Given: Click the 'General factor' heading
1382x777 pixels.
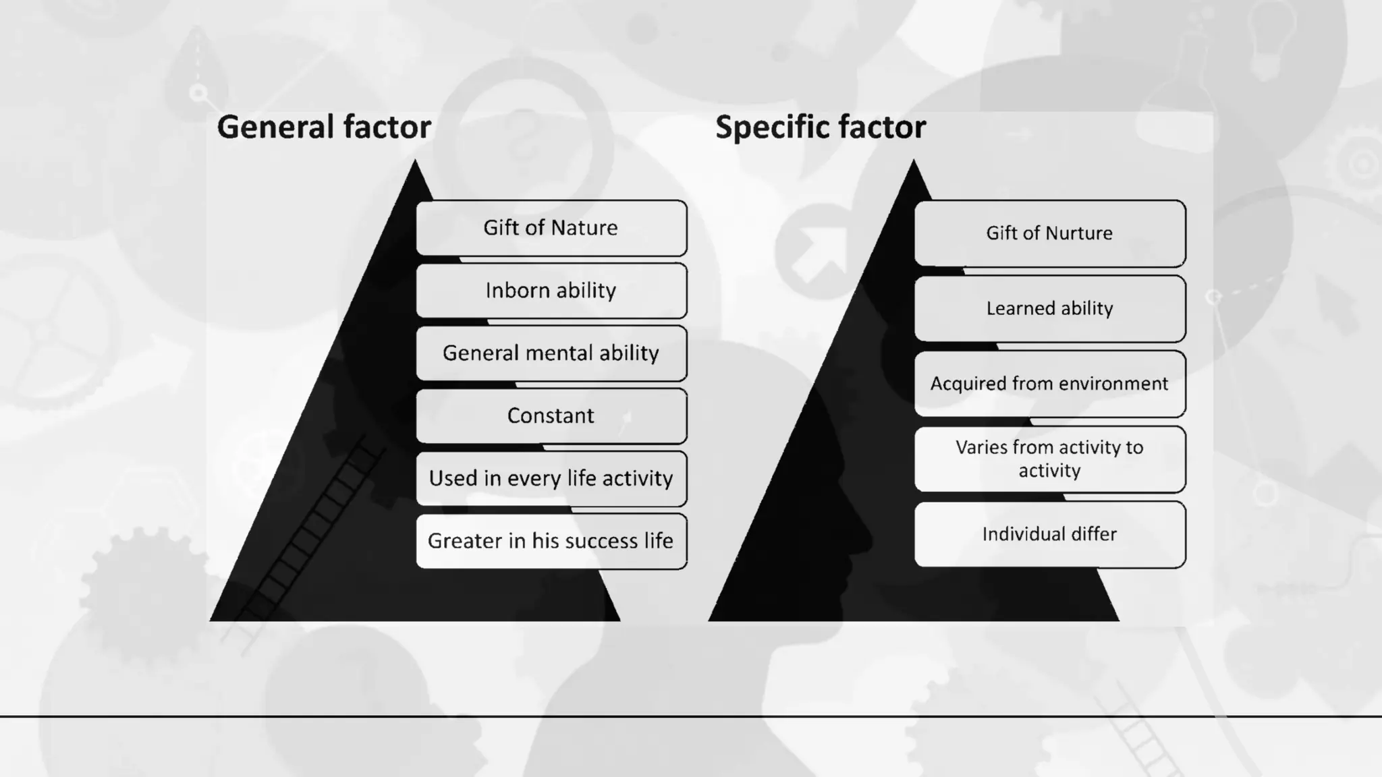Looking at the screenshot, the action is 324,127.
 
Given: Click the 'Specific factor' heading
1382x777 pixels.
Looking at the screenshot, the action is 821,127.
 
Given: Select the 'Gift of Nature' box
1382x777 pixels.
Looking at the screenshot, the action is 551,228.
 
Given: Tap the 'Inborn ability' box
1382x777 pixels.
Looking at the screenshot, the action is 551,291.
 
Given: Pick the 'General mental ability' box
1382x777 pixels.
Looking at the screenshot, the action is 551,353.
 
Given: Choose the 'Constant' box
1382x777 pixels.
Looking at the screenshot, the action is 551,416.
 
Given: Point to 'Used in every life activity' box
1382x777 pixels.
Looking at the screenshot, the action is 551,479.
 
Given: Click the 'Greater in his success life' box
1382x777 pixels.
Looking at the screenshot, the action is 551,541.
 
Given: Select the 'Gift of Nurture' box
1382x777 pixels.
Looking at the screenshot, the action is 1050,233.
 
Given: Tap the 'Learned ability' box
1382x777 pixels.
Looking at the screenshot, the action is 1050,309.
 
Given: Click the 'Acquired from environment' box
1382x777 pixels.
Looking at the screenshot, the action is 1050,384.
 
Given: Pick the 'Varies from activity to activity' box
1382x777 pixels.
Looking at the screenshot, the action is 1050,459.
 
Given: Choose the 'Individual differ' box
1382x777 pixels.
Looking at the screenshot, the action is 1050,534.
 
